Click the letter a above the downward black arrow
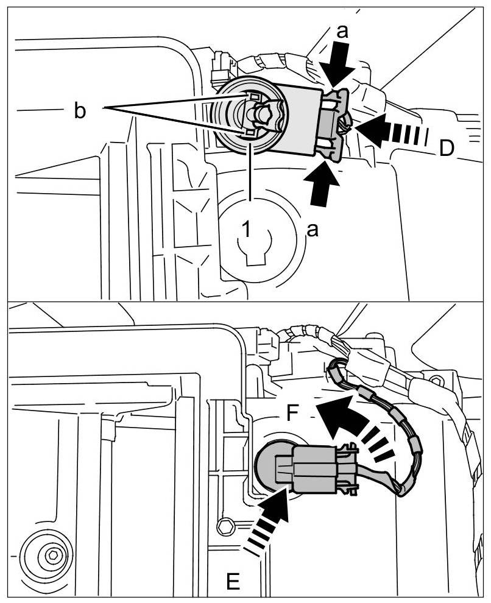tap(343, 32)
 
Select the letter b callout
tap(80, 112)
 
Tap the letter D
tap(446, 148)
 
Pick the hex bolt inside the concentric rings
tap(52, 555)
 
